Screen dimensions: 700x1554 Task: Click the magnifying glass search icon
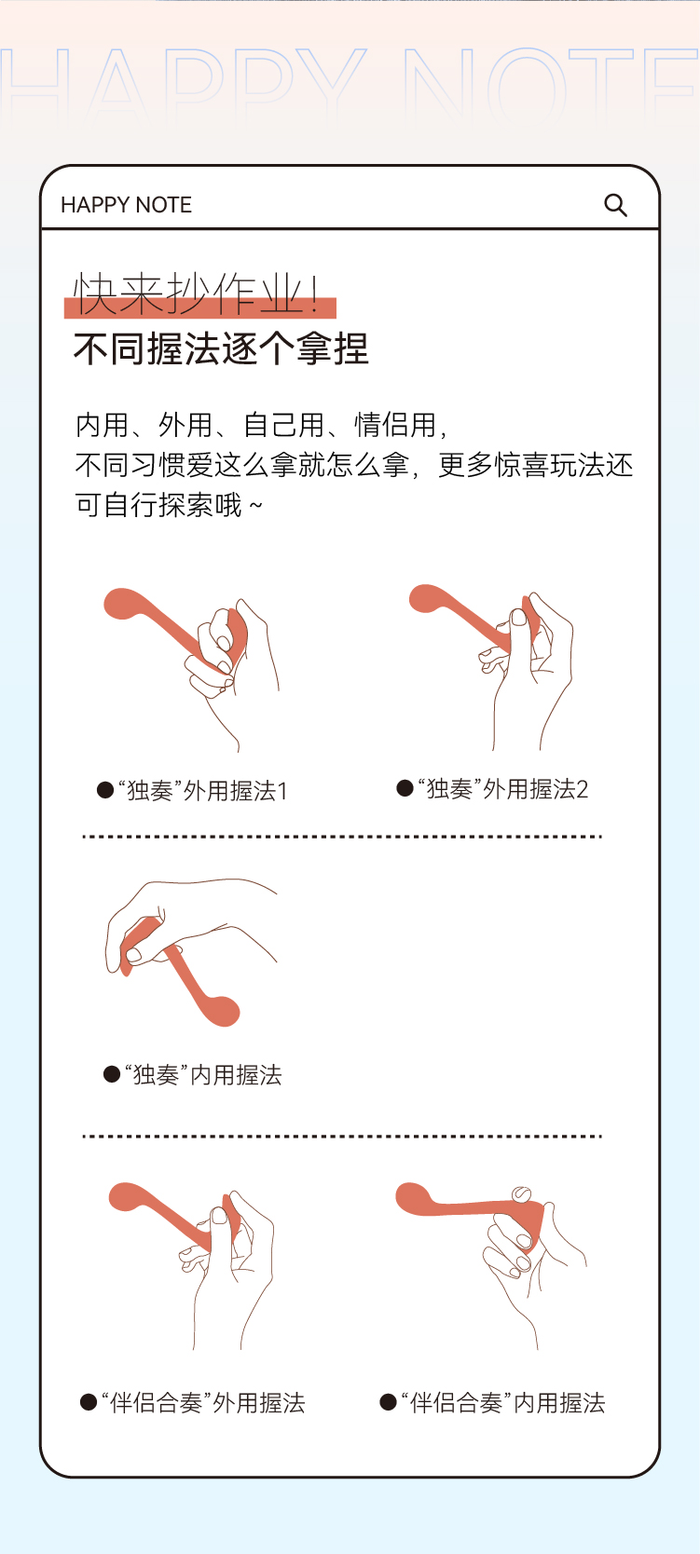pos(615,205)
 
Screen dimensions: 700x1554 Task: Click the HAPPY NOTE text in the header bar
pos(126,205)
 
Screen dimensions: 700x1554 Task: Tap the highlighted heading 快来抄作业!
pos(197,294)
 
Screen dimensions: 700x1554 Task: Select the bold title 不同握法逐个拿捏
pos(221,348)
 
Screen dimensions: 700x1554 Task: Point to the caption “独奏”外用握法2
pos(502,789)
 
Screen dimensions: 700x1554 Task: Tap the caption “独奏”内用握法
pos(202,1074)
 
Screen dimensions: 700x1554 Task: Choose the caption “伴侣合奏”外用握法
pos(202,1403)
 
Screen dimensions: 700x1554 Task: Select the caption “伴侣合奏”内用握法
pos(503,1403)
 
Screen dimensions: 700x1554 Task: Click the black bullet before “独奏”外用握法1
pos(104,790)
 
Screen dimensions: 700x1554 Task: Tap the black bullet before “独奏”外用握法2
pos(405,788)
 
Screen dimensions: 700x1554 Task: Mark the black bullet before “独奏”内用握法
pos(111,1074)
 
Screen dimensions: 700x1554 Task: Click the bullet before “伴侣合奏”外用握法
pos(89,1402)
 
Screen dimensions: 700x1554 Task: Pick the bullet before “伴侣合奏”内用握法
pos(388,1402)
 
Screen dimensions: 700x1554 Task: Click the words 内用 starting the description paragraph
pos(103,425)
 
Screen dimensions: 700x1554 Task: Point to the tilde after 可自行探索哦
pos(255,505)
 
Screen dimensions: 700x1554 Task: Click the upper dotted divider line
pos(342,837)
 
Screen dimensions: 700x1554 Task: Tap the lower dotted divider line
pos(342,1137)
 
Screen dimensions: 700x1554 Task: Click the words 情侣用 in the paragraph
pos(395,425)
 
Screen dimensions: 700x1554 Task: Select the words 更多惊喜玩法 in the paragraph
pos(521,465)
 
